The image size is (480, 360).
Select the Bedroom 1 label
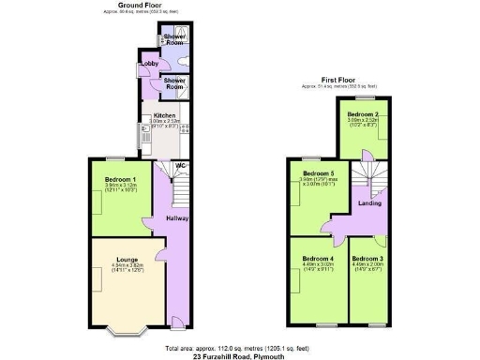tap(121, 178)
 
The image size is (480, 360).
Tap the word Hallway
tap(178, 218)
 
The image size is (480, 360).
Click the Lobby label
tap(147, 64)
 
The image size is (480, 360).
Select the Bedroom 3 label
tap(368, 258)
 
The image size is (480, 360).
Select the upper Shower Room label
tap(174, 38)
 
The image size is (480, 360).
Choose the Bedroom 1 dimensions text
tap(121, 186)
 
